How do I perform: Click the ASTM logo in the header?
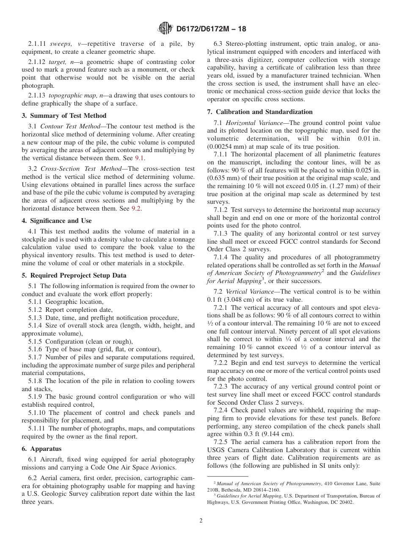point(165,29)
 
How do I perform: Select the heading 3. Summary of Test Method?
point(64,116)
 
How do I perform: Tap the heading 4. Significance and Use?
point(56,221)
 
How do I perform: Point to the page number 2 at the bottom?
point(201,521)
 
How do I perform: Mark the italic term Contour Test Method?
point(66,126)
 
